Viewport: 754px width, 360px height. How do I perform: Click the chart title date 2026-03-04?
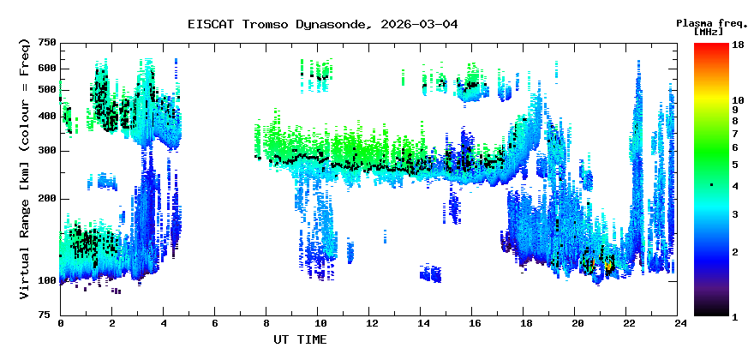point(420,24)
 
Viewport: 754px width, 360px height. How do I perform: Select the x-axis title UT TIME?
point(300,339)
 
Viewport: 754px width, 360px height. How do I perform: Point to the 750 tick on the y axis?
point(46,43)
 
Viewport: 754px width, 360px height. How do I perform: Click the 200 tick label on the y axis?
point(46,198)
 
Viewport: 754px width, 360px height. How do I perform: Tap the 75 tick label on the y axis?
point(50,315)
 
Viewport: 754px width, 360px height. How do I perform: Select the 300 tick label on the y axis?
point(46,151)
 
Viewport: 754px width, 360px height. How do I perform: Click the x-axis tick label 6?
point(215,324)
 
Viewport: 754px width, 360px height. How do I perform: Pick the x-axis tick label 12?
point(370,324)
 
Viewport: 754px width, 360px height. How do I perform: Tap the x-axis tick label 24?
point(679,324)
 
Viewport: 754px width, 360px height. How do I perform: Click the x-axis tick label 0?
point(60,324)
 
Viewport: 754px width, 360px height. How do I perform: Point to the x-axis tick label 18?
point(525,324)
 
